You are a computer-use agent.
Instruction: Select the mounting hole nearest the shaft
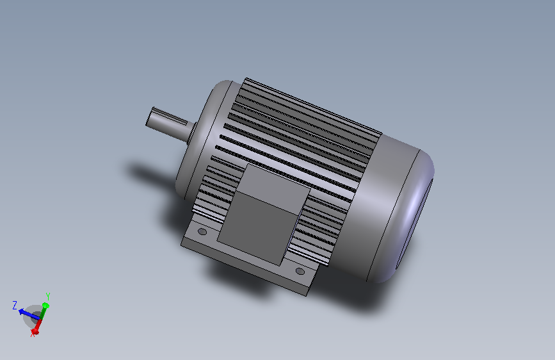pyautogui.click(x=203, y=231)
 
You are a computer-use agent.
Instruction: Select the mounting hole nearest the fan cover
pyautogui.click(x=300, y=272)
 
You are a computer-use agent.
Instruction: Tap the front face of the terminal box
pyautogui.click(x=259, y=227)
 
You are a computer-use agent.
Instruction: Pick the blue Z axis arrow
pyautogui.click(x=28, y=313)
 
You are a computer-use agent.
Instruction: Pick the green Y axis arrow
pyautogui.click(x=44, y=309)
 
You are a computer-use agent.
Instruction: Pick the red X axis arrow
pyautogui.click(x=37, y=327)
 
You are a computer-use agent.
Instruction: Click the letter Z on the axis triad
pyautogui.click(x=15, y=306)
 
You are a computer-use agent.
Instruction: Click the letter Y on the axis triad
pyautogui.click(x=47, y=296)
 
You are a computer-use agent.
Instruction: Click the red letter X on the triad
pyautogui.click(x=33, y=334)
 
